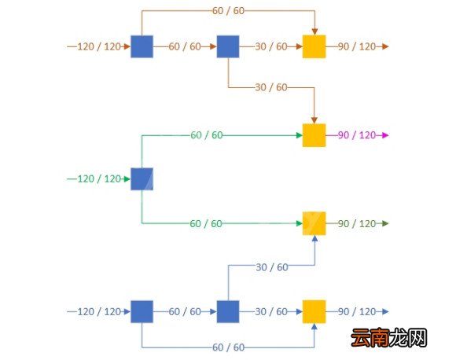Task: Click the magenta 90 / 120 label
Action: tap(357, 135)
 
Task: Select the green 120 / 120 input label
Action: tap(99, 179)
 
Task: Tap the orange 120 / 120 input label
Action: tap(99, 46)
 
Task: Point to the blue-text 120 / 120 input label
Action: tap(99, 312)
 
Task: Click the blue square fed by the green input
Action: tap(142, 179)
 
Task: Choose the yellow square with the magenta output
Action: tap(314, 135)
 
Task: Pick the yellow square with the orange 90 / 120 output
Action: tap(314, 46)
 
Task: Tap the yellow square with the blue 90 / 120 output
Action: tap(314, 312)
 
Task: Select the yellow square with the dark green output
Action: tap(314, 223)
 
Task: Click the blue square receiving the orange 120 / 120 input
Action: tap(142, 46)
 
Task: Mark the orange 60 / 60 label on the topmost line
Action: tap(228, 11)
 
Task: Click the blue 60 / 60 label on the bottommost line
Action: tap(228, 347)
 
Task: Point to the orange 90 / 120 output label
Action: tap(357, 46)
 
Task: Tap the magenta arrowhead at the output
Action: tap(385, 135)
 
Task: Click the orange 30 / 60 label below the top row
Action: tap(271, 87)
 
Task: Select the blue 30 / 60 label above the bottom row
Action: tap(272, 267)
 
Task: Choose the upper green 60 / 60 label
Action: tap(207, 135)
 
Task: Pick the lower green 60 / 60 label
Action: tap(206, 223)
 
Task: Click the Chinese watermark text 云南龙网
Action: tap(389, 338)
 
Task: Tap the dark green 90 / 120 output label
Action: tap(357, 223)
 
